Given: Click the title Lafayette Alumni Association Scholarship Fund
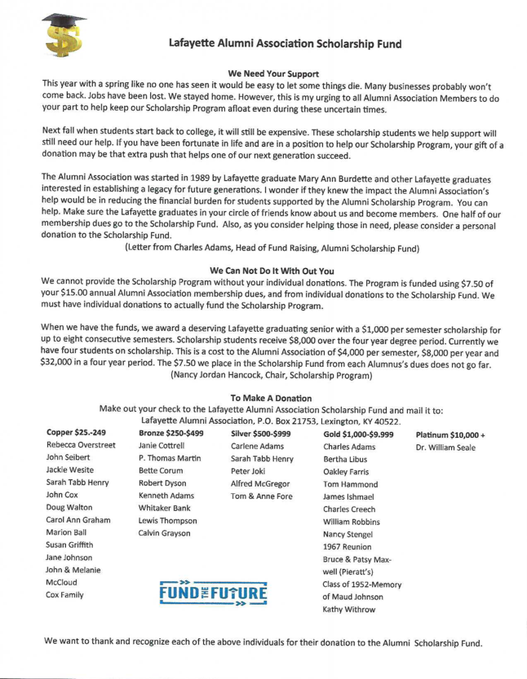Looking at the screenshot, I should [286, 42].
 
